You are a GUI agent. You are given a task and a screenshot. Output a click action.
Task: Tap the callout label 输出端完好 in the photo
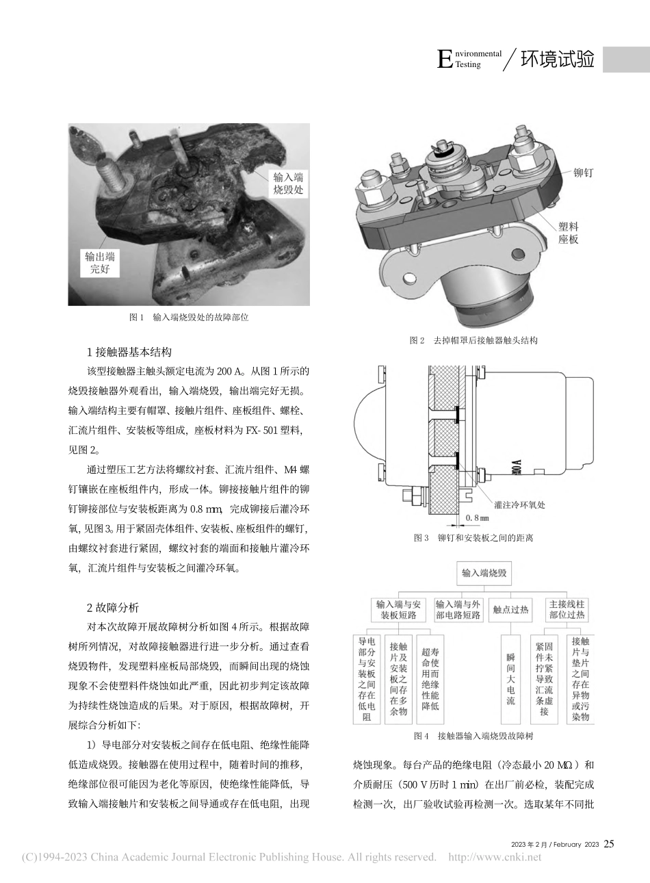(99, 263)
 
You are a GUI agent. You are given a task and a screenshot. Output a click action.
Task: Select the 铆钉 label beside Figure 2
(582, 173)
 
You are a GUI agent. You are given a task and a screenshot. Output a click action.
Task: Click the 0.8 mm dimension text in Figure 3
(477, 518)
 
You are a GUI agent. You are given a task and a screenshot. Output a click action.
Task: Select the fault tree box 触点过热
(510, 609)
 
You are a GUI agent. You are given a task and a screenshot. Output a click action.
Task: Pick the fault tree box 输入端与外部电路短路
(458, 609)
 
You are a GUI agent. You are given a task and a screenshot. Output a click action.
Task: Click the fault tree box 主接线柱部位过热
(567, 609)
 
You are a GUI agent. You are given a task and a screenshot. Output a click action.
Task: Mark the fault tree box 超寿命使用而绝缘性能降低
(430, 678)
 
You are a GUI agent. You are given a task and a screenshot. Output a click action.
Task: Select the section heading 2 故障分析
(113, 607)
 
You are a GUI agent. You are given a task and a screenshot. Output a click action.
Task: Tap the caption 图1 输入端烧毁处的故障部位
(189, 318)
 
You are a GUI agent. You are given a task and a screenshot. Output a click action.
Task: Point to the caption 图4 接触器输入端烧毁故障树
(473, 737)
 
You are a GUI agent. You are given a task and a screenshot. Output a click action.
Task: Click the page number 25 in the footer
(609, 844)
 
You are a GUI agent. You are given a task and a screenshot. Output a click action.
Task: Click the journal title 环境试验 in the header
(557, 60)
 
